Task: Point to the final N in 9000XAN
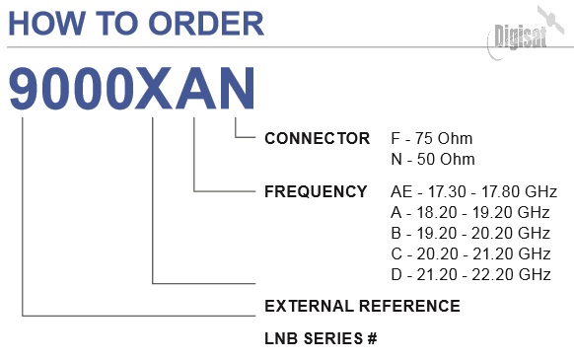[236, 89]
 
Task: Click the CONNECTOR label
[317, 138]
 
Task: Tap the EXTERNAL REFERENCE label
[362, 306]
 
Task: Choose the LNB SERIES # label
[321, 338]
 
